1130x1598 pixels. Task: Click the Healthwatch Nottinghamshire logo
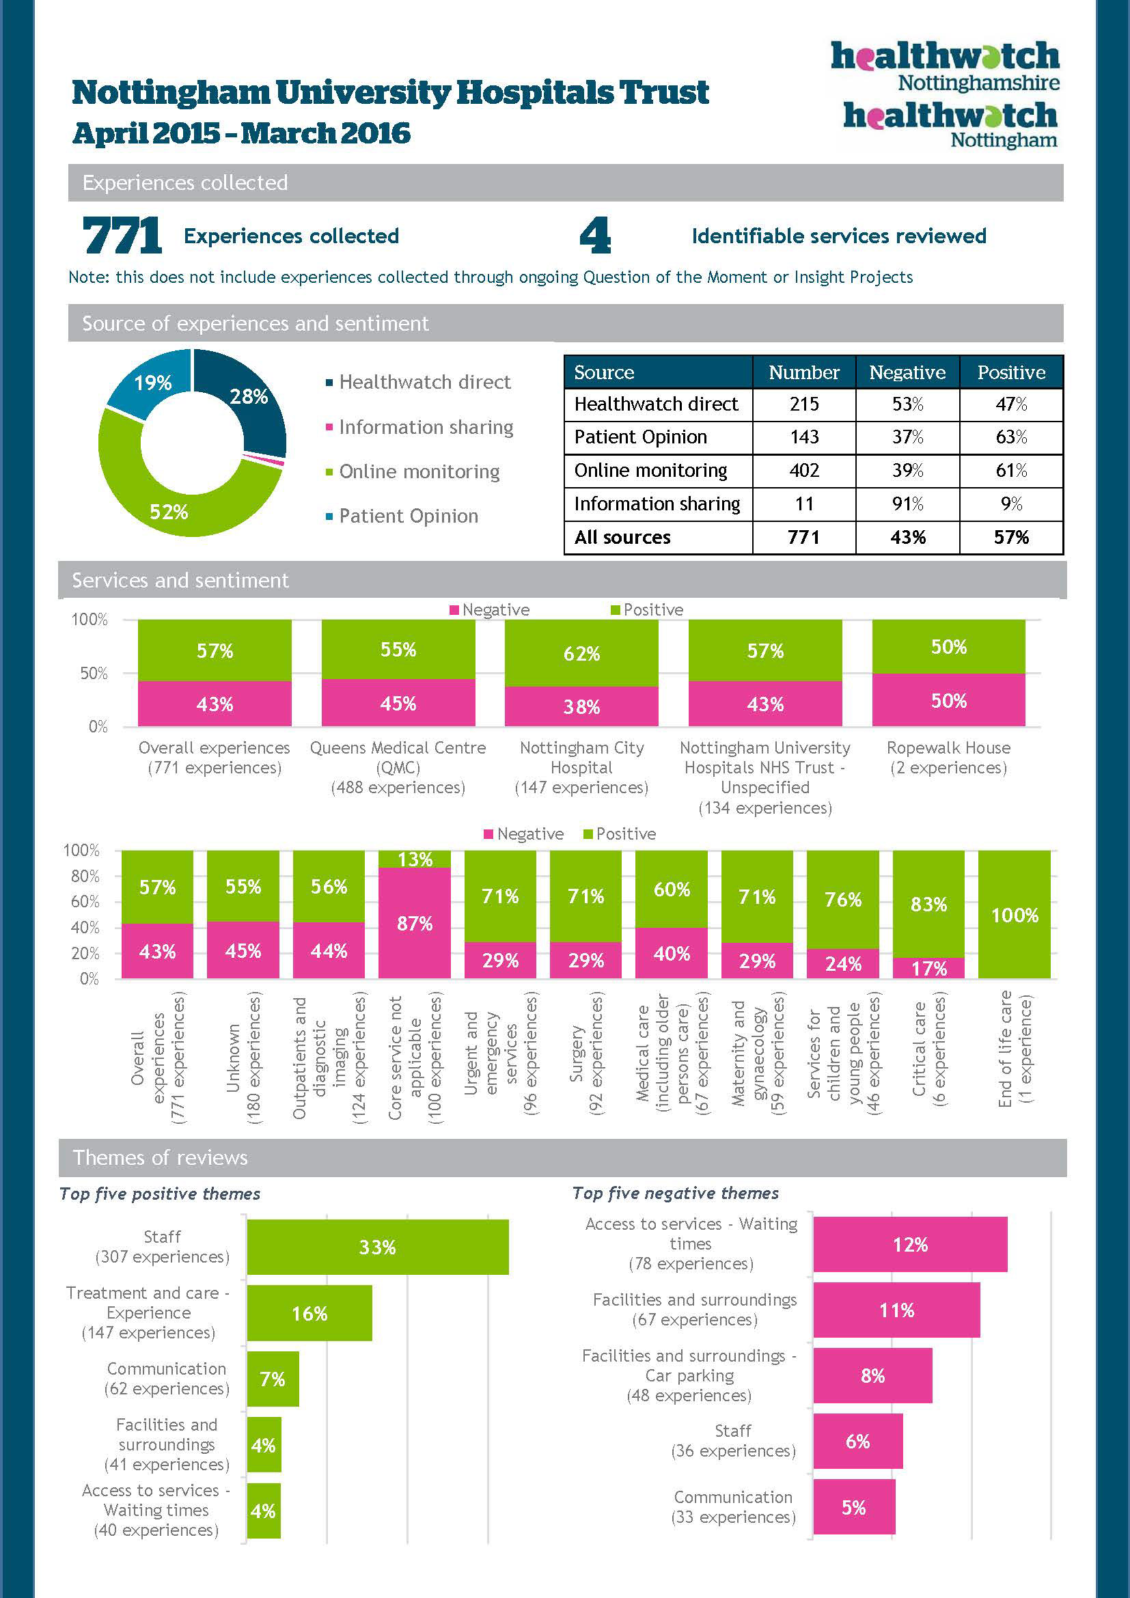pyautogui.click(x=944, y=66)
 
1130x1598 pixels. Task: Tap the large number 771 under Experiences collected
pyautogui.click(x=122, y=235)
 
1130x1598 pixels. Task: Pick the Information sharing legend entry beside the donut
pyautogui.click(x=425, y=426)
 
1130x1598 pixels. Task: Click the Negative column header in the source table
pyautogui.click(x=907, y=372)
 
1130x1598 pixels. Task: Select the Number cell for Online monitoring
pyautogui.click(x=803, y=471)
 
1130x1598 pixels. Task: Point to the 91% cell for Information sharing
pyautogui.click(x=907, y=504)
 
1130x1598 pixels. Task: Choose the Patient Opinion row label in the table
pyautogui.click(x=640, y=437)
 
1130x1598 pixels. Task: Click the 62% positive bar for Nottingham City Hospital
pyautogui.click(x=581, y=653)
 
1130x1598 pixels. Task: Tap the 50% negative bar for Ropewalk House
pyautogui.click(x=948, y=700)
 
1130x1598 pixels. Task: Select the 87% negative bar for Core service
pyautogui.click(x=415, y=923)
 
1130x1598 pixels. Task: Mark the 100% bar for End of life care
pyautogui.click(x=1014, y=915)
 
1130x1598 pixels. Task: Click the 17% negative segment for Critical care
pyautogui.click(x=928, y=968)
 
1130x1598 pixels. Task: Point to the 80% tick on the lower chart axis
pyautogui.click(x=85, y=877)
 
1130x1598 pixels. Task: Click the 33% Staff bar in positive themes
pyautogui.click(x=377, y=1247)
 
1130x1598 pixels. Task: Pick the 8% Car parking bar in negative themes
pyautogui.click(x=872, y=1375)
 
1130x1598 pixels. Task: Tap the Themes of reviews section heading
pyautogui.click(x=160, y=1157)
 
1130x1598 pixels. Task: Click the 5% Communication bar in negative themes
pyautogui.click(x=854, y=1507)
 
